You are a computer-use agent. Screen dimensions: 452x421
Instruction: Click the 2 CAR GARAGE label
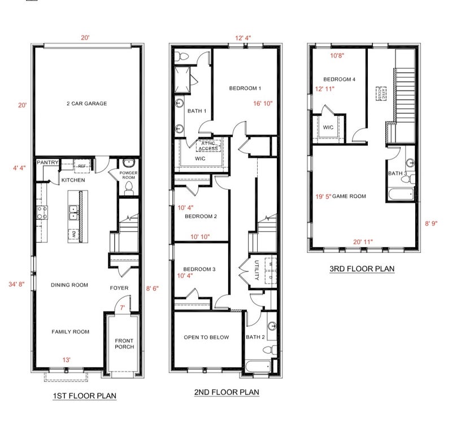point(87,103)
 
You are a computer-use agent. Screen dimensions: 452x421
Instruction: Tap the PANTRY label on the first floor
point(47,162)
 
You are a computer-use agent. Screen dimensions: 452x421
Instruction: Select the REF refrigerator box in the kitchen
point(82,166)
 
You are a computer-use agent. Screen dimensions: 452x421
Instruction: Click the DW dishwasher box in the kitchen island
point(73,235)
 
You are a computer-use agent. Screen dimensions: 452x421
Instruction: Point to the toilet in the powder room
point(129,189)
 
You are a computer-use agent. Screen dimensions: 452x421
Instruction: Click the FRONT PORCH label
point(124,344)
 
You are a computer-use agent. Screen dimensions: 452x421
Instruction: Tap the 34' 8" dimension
point(16,284)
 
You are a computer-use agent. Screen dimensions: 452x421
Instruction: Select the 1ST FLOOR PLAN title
point(85,396)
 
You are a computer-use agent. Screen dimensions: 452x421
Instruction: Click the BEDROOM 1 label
point(245,88)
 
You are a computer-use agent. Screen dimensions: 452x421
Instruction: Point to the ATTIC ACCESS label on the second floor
point(208,146)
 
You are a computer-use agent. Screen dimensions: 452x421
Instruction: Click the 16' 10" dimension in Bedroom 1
point(263,103)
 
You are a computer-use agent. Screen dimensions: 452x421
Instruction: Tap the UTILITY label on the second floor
point(257,270)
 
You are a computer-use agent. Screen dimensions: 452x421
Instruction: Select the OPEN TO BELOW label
point(206,337)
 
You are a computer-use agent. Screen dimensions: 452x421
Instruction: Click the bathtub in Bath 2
point(259,367)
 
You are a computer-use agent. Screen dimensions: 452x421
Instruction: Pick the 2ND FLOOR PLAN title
point(227,392)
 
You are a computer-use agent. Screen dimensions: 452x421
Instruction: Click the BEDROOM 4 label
point(340,79)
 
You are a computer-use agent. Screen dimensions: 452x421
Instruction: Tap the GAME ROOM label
point(349,196)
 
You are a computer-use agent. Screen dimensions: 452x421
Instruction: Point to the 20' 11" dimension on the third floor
point(363,242)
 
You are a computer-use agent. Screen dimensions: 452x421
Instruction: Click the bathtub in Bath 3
point(401,194)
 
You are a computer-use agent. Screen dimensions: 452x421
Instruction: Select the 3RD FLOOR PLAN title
point(362,269)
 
